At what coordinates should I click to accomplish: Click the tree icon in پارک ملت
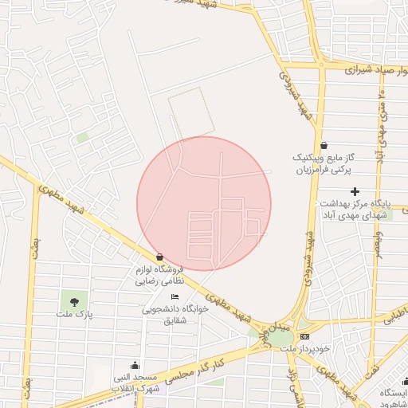click(74, 301)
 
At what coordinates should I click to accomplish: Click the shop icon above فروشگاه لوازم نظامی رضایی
click(161, 257)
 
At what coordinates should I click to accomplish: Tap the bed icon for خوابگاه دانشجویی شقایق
click(175, 296)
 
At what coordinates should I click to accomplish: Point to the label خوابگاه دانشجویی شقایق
click(175, 314)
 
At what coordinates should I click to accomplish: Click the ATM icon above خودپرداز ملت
click(304, 336)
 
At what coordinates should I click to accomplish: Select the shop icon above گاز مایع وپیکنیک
click(324, 145)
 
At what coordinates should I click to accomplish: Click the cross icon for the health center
click(355, 190)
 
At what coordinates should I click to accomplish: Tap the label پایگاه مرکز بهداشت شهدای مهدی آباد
click(351, 209)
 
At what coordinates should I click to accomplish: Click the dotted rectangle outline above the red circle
click(190, 111)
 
